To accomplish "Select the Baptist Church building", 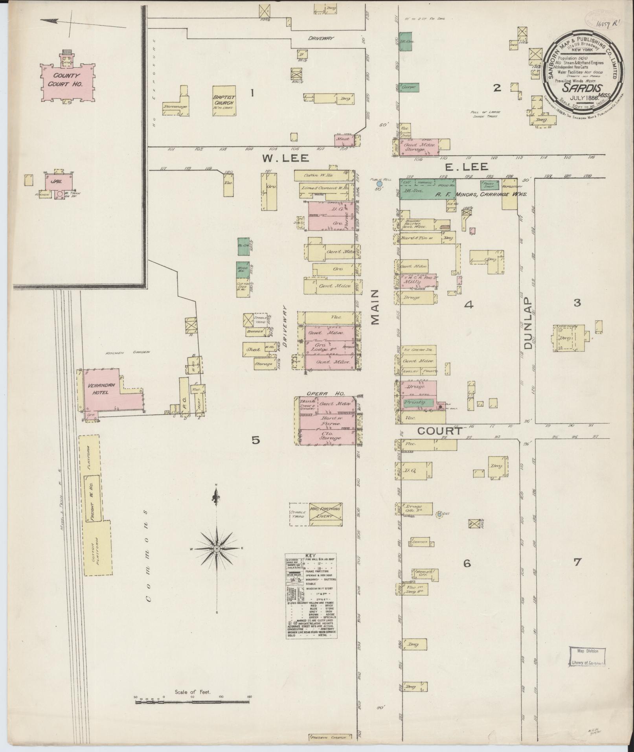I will click(224, 100).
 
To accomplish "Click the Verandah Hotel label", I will click(100, 388).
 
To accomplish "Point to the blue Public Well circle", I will click(379, 184).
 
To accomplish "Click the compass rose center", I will click(216, 548).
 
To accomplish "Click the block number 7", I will click(577, 563).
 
